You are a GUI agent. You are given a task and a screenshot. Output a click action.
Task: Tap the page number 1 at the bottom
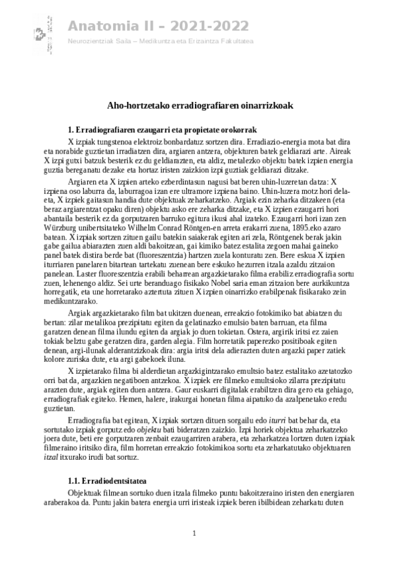pyautogui.click(x=194, y=533)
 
